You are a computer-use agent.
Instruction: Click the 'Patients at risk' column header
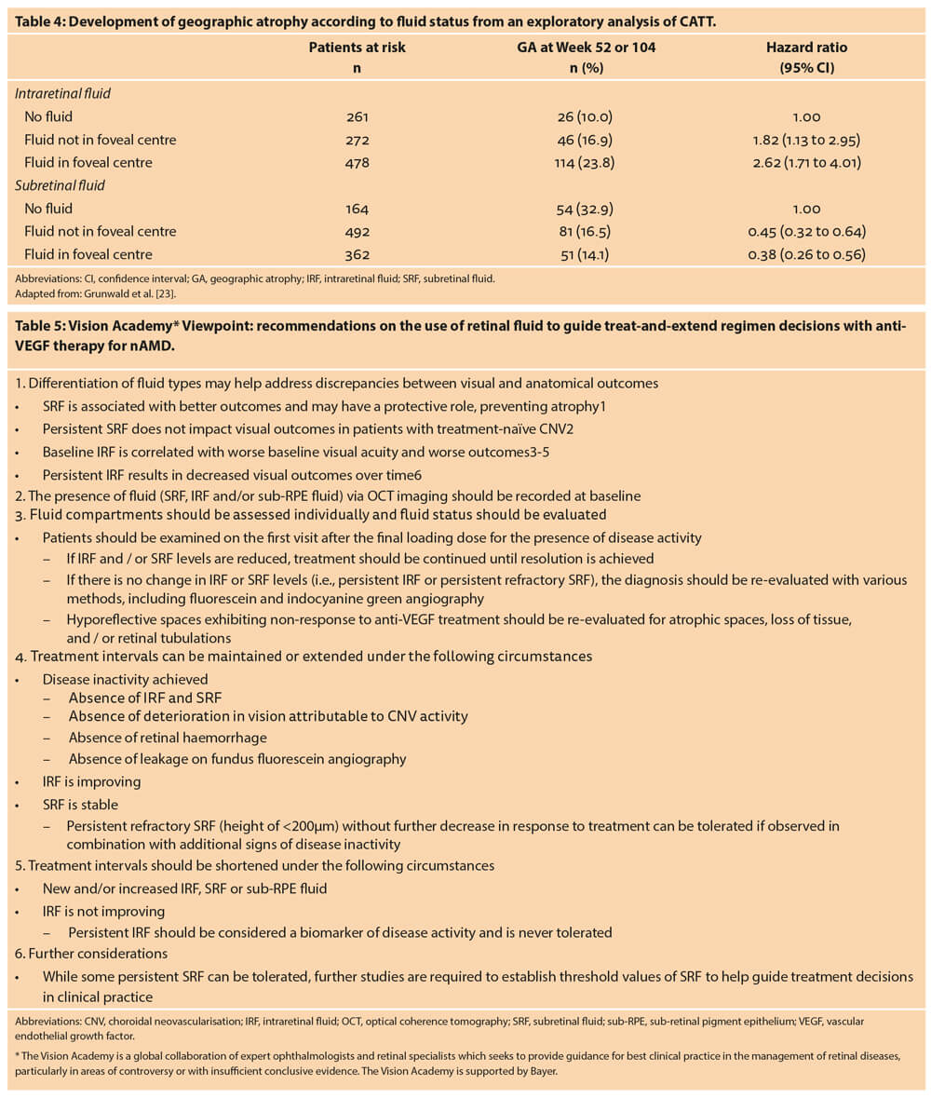tap(358, 47)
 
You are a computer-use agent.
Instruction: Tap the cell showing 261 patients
tap(357, 116)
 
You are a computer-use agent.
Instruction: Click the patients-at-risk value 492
tap(357, 231)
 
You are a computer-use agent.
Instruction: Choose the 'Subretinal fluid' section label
tap(59, 185)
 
